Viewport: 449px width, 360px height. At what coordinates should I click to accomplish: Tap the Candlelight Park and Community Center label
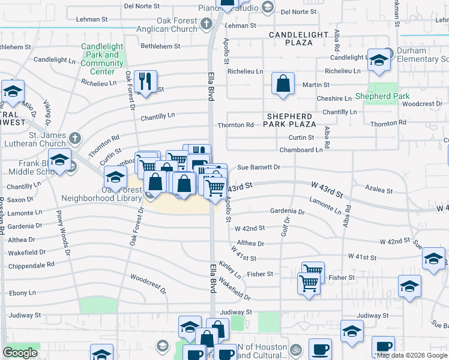click(x=102, y=59)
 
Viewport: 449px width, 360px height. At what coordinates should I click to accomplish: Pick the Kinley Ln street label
click(x=230, y=269)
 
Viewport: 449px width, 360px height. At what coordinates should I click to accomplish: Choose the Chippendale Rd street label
click(x=31, y=264)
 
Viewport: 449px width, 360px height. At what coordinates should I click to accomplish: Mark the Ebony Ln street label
click(x=22, y=293)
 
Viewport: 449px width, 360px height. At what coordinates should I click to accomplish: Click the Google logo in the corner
click(x=20, y=353)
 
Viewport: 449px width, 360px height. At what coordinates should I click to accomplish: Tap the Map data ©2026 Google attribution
click(x=412, y=355)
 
